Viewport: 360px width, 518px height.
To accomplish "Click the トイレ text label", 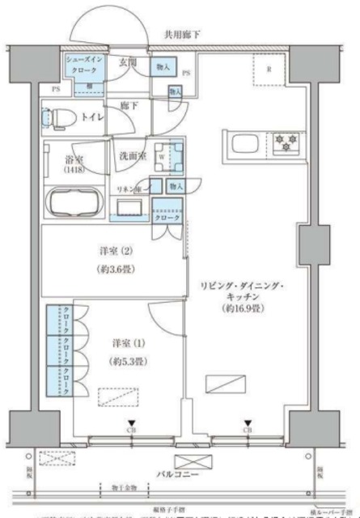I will click(92, 114).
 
